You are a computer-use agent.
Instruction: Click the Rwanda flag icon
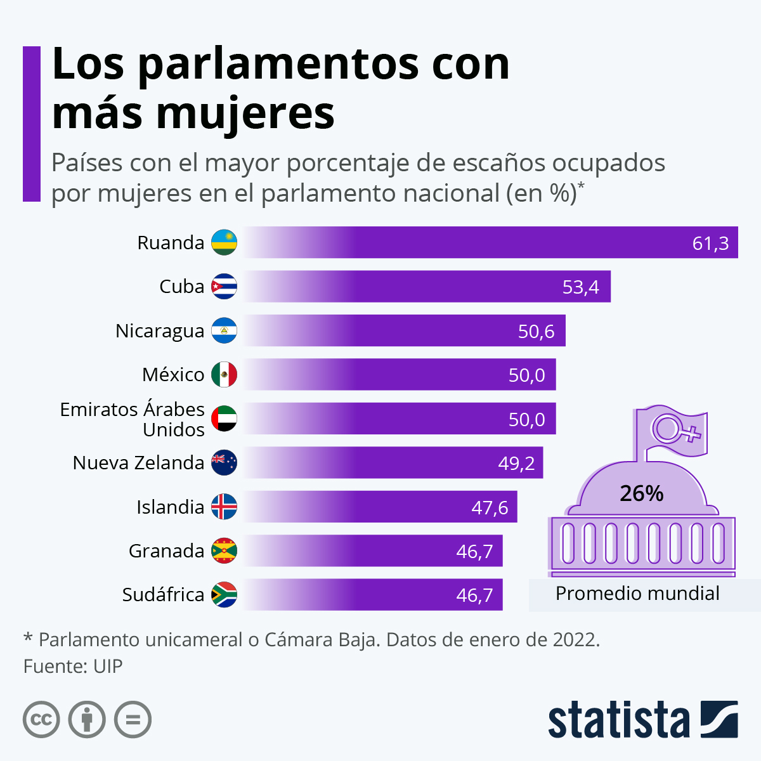(x=224, y=242)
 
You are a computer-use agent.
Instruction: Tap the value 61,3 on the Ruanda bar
(x=710, y=243)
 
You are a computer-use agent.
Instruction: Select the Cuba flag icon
(x=224, y=287)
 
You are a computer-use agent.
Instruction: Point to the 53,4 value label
(x=580, y=287)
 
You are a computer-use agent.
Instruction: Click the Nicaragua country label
(x=160, y=331)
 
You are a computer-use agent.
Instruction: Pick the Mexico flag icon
(x=224, y=375)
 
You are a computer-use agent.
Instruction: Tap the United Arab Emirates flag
(x=224, y=419)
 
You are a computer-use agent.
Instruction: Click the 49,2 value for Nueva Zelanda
(x=516, y=464)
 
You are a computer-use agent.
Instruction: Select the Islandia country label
(x=170, y=507)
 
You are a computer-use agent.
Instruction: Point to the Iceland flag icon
(x=224, y=507)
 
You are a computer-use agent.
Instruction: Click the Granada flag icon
(x=224, y=551)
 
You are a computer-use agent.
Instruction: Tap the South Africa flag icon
(x=224, y=595)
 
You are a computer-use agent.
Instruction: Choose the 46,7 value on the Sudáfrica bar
(x=474, y=595)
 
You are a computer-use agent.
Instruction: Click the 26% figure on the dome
(x=641, y=493)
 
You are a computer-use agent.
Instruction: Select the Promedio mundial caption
(x=637, y=594)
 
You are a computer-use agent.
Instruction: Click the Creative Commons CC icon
(x=42, y=720)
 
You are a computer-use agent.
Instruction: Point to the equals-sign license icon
(x=133, y=720)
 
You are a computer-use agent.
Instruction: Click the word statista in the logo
(x=618, y=720)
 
